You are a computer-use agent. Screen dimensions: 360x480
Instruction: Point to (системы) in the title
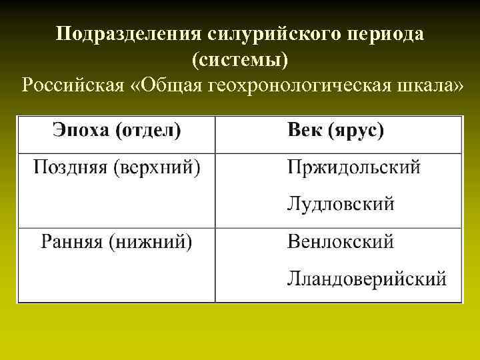tap(240, 60)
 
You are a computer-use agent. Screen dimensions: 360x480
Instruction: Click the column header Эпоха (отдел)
tap(116, 130)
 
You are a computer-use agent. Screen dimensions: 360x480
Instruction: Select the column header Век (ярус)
tap(335, 130)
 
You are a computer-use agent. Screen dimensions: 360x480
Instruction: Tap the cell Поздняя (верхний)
tap(117, 166)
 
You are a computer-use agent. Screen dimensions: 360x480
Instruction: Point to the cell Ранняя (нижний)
tap(117, 241)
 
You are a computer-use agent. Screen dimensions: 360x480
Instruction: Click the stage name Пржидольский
tap(353, 167)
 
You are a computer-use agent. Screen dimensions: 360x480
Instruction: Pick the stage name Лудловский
tap(340, 203)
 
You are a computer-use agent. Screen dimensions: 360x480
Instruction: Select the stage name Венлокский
tap(340, 241)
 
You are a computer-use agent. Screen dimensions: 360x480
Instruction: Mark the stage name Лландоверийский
tap(367, 278)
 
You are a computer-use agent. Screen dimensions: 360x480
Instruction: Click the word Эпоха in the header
tap(81, 130)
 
